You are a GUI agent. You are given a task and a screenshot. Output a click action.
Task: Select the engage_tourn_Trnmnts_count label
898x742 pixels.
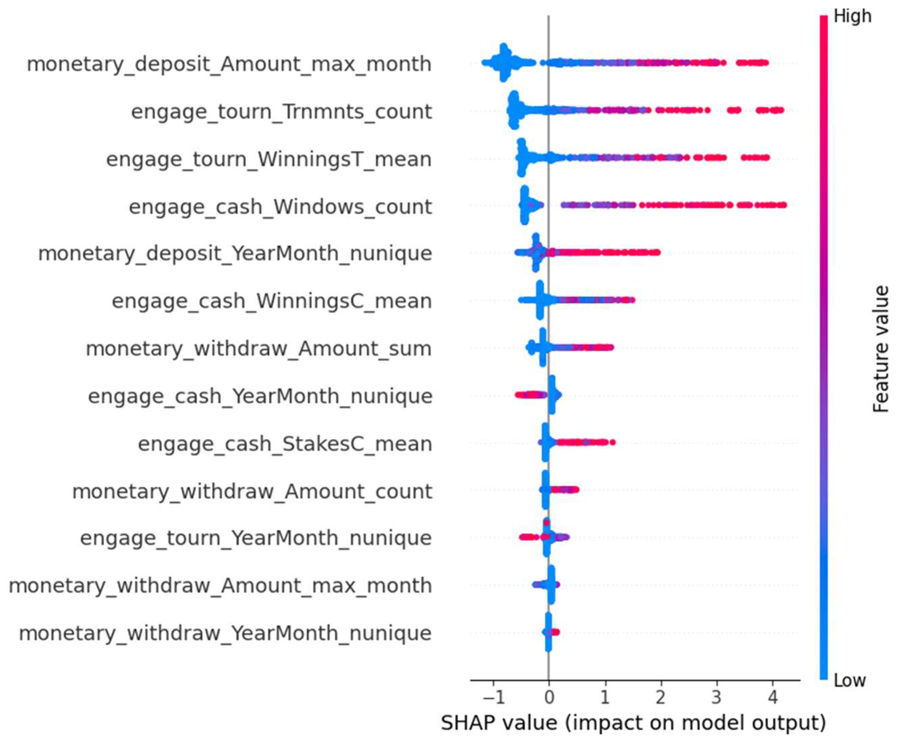click(x=281, y=112)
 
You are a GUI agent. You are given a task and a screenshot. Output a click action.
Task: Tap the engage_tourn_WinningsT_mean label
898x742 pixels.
click(x=269, y=160)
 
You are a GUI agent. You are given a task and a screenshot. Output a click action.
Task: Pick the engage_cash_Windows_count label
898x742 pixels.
click(x=280, y=207)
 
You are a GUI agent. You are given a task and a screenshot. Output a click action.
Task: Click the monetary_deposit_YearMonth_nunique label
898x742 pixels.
click(x=235, y=253)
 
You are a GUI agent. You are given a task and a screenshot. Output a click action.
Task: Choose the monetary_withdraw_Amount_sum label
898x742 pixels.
click(x=259, y=348)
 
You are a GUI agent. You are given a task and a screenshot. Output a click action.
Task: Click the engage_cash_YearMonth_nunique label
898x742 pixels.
click(x=260, y=396)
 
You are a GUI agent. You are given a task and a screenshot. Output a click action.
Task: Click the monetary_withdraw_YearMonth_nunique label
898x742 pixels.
click(x=225, y=633)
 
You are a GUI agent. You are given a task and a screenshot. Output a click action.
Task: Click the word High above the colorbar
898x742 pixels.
click(x=852, y=16)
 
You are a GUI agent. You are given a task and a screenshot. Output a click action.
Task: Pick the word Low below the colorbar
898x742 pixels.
click(x=849, y=680)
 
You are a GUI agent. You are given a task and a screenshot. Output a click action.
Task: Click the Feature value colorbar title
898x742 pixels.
click(x=880, y=349)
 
